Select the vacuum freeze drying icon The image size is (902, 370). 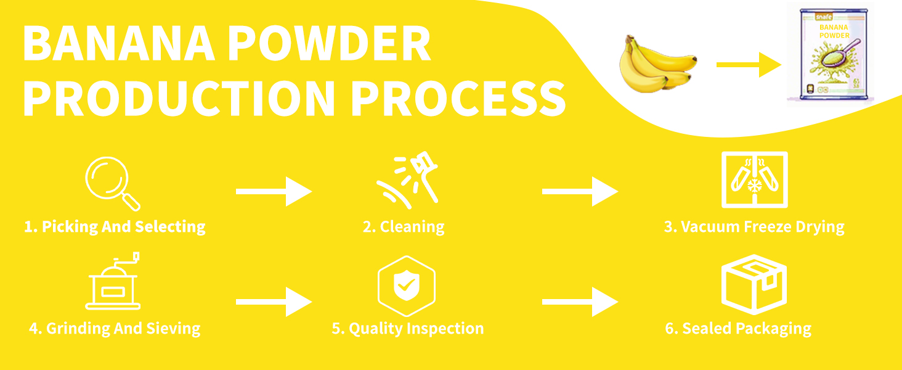tap(754, 179)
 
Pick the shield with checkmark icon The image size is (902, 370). tap(407, 286)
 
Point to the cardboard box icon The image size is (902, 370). tap(754, 284)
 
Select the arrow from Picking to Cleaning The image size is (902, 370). tap(274, 192)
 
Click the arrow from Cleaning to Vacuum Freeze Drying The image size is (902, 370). tap(580, 192)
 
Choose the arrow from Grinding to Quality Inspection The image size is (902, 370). tap(274, 302)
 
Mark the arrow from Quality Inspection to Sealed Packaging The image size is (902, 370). tap(580, 302)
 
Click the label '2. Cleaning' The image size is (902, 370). tap(404, 227)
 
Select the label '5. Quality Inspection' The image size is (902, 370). tap(407, 329)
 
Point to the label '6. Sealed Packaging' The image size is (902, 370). tap(738, 329)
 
